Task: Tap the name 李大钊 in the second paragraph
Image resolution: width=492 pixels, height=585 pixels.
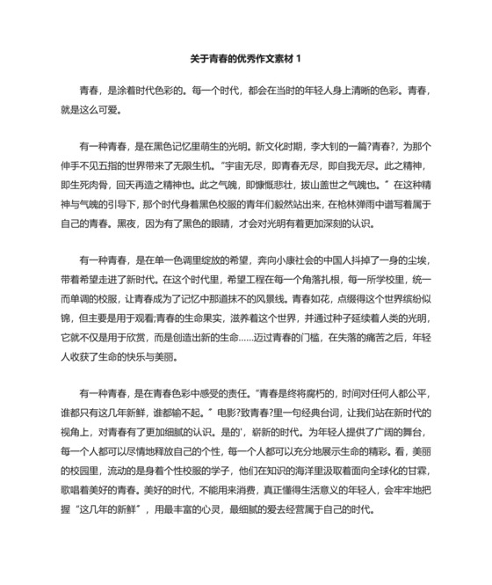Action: pos(329,143)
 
